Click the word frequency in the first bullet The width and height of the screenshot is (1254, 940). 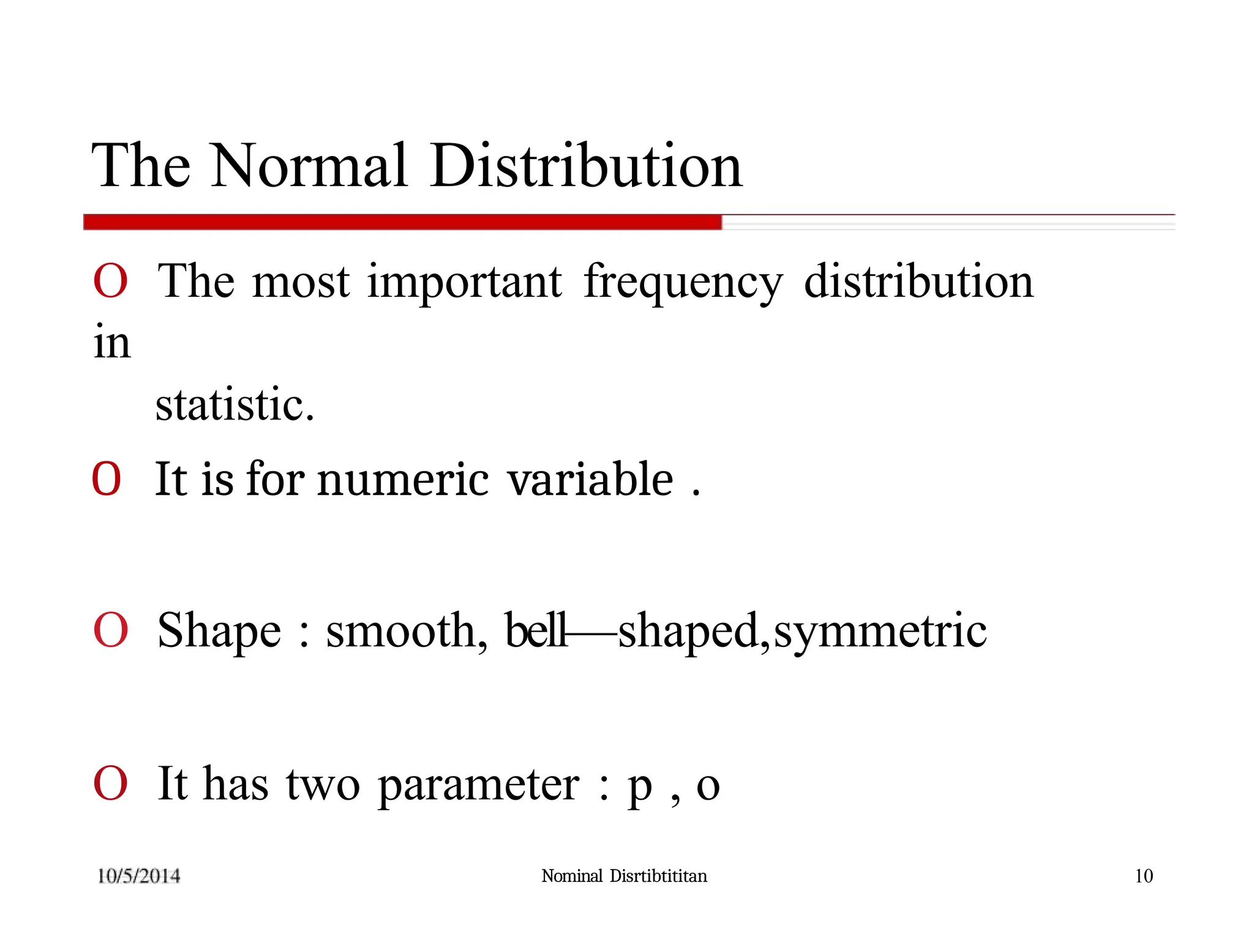coord(683,282)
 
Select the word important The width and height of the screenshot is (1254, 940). coord(464,282)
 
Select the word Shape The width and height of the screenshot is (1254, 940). coord(219,632)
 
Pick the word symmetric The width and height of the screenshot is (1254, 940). coord(880,632)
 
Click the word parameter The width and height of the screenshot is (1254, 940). coord(478,785)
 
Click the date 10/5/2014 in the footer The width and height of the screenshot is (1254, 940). coord(139,876)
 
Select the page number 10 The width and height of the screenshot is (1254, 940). coord(1143,876)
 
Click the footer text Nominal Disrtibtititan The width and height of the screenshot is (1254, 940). coord(624,876)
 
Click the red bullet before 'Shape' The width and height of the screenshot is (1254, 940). coord(111,630)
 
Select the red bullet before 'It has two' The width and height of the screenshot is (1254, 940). coord(111,783)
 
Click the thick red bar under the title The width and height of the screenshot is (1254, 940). coord(402,222)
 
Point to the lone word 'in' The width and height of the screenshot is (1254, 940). coord(112,342)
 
